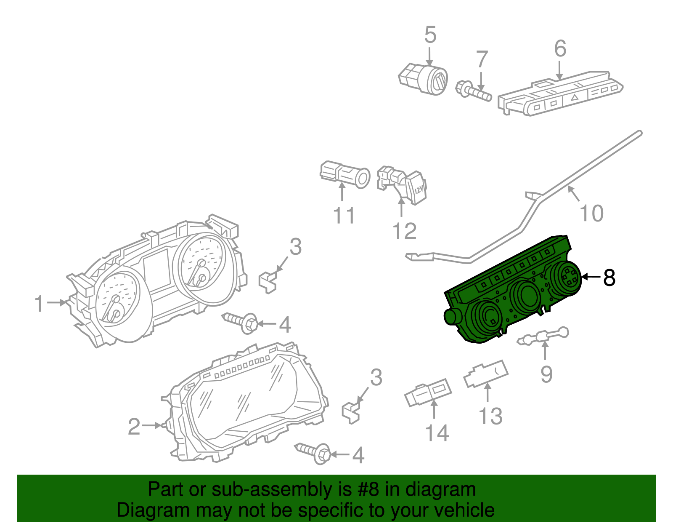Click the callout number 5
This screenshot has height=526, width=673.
[430, 35]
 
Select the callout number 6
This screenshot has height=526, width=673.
[560, 49]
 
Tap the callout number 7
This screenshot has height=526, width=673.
[482, 59]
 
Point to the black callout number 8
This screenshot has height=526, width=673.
[609, 278]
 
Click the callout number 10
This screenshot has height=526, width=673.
[591, 213]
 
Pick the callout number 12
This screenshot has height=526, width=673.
[404, 231]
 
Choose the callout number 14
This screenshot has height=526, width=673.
[437, 433]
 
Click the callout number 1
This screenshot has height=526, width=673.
[39, 304]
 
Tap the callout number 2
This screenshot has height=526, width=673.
[134, 427]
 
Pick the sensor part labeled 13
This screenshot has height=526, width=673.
[486, 374]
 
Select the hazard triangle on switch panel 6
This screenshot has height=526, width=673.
[575, 97]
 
